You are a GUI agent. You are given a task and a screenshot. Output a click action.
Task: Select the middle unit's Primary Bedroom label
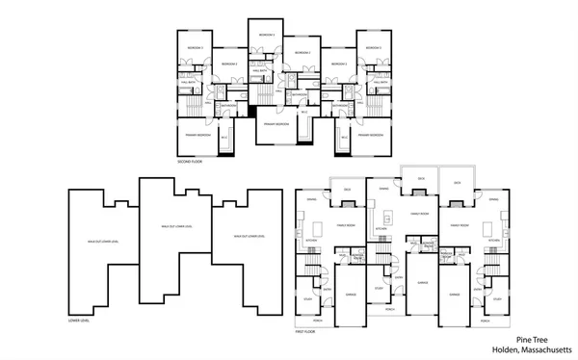[x=276, y=123]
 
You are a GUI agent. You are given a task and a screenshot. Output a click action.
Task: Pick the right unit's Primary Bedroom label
[x=371, y=135]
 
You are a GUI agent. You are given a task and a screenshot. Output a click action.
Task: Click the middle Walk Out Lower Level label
[x=176, y=226]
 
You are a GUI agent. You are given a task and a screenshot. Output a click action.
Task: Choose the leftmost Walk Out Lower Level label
[x=102, y=242]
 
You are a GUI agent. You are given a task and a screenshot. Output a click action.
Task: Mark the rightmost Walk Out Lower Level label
[x=250, y=235]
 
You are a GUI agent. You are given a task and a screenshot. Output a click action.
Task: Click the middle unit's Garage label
[x=422, y=283]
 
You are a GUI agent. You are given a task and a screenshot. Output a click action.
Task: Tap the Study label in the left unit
[x=305, y=298]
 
